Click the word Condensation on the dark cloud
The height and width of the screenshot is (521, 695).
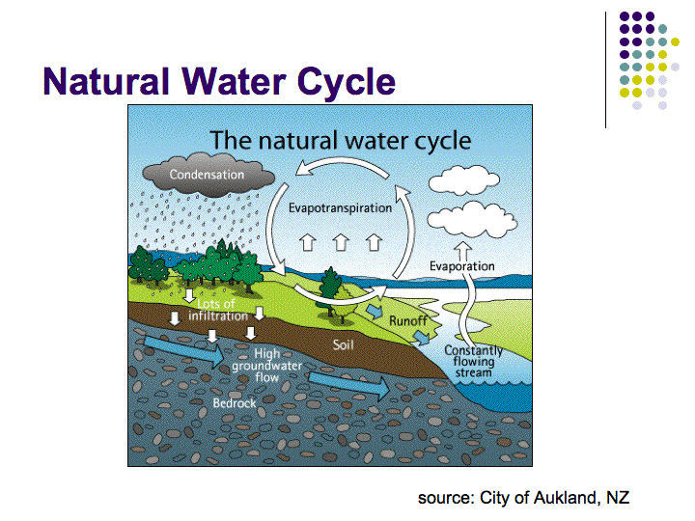[x=207, y=175]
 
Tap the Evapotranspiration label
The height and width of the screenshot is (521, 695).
[x=340, y=208]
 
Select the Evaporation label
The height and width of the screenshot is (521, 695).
[x=461, y=266]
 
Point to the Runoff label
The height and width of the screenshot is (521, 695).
[x=407, y=320]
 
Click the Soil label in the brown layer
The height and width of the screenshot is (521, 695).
[x=343, y=344]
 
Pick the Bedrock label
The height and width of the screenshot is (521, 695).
[x=235, y=403]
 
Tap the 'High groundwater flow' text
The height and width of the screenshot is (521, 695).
[x=266, y=366]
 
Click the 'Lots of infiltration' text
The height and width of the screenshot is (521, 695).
[x=217, y=310]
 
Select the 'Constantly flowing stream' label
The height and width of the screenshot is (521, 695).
[x=473, y=362]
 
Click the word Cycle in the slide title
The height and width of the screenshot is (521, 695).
[x=346, y=82]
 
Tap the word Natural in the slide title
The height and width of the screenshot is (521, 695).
[x=106, y=81]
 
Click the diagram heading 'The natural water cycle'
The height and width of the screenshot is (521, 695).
[x=341, y=141]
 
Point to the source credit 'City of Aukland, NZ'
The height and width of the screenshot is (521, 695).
[x=554, y=498]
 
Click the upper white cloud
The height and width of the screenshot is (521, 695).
[x=464, y=179]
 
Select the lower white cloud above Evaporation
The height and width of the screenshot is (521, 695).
[x=472, y=220]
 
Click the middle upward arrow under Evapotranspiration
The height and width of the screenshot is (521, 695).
[x=341, y=242]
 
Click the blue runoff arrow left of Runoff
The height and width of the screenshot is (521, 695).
[x=375, y=312]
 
